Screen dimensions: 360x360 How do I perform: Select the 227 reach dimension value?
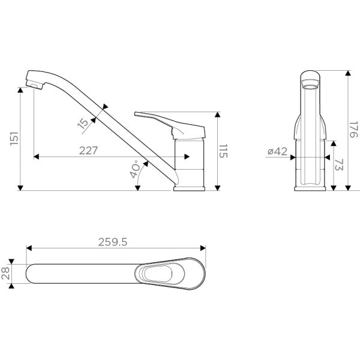coord(88,151)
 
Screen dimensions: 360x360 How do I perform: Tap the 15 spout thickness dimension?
coord(83,123)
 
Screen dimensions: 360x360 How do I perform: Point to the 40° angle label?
coord(135,170)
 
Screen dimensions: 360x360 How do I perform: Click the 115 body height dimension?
coord(223,151)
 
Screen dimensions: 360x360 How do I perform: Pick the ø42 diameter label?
coord(277,152)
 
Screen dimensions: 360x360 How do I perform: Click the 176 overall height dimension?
coord(353,130)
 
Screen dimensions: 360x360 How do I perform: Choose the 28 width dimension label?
coord(6,274)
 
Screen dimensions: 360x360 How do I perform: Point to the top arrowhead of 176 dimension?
coord(348,73)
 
